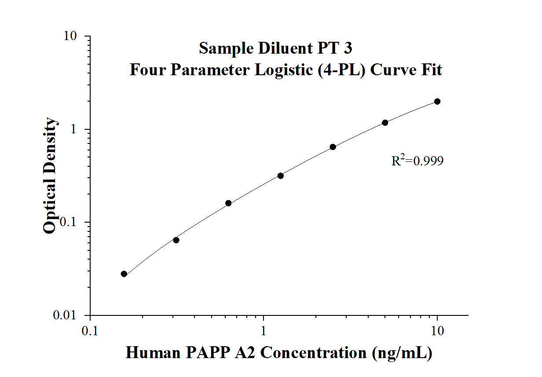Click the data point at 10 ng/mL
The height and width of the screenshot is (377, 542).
(437, 102)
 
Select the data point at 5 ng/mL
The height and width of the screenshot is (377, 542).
(385, 123)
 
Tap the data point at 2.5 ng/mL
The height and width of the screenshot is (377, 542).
(333, 147)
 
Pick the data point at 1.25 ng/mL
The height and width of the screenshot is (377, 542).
(280, 176)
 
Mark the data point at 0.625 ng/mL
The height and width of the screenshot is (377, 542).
(228, 203)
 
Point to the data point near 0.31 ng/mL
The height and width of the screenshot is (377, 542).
(176, 240)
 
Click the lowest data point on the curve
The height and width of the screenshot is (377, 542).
(124, 274)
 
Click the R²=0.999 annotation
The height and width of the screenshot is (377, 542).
(417, 161)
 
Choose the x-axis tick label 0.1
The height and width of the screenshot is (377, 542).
(90, 330)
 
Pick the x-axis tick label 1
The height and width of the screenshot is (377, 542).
(264, 330)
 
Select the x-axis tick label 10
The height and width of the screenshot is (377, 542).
(437, 330)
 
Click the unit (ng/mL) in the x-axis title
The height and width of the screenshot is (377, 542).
(401, 353)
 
